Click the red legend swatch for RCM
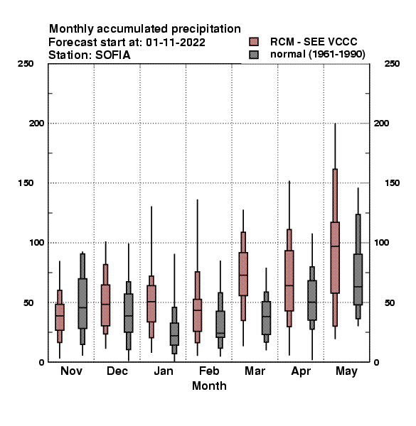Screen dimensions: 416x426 [254, 42]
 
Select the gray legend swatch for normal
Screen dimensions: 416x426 [254, 55]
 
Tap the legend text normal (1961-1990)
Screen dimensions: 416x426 [317, 55]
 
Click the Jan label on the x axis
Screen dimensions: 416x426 [164, 371]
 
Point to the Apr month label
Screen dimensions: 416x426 [301, 371]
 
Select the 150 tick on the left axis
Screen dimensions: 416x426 [26, 183]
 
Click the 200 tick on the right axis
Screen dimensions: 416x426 [381, 123]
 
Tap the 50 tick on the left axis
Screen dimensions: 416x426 [28, 302]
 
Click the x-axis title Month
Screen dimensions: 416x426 [209, 386]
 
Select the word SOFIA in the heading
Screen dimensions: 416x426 [112, 55]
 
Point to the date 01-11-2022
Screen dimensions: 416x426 [176, 43]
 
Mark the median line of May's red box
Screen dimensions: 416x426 [335, 246]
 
